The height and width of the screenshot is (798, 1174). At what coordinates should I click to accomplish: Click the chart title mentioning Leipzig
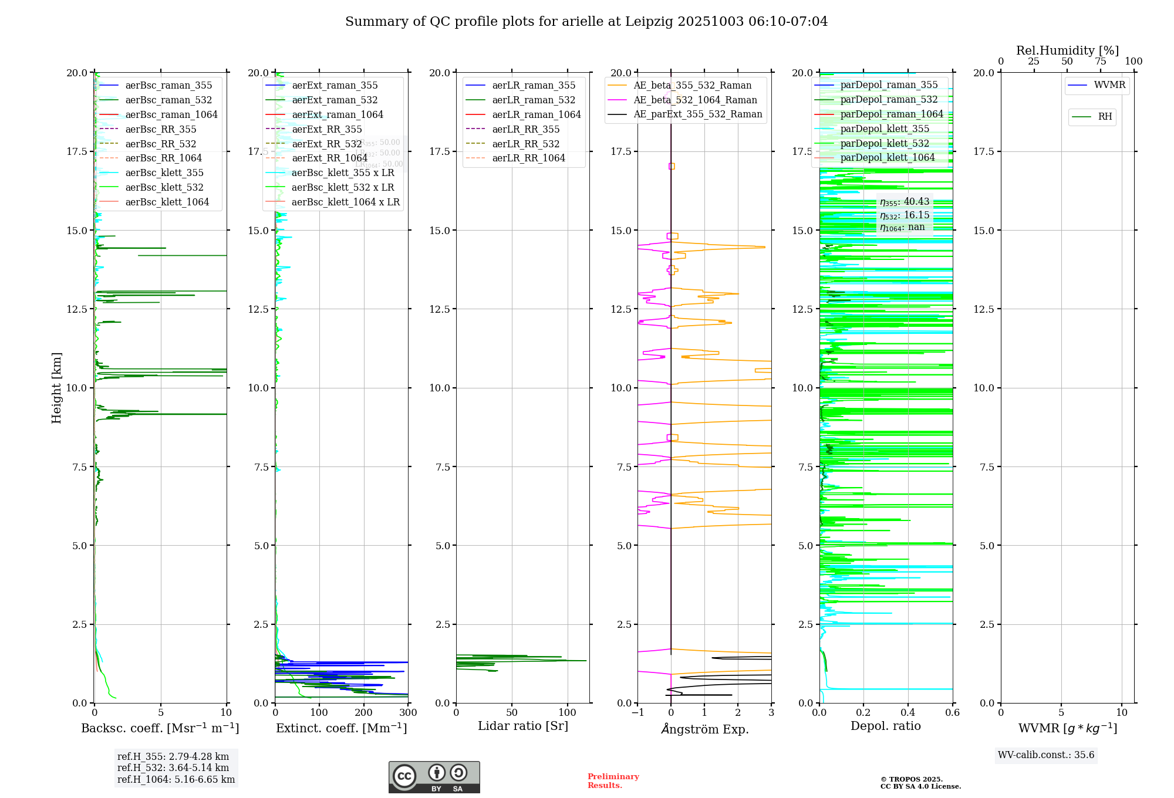click(586, 22)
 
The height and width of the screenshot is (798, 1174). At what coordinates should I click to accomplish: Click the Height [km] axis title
click(56, 387)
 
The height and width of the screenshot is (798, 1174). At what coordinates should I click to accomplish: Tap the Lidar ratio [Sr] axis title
click(522, 726)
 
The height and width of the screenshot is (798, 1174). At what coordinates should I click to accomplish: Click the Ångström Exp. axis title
click(704, 729)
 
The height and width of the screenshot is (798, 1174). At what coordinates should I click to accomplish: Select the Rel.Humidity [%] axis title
click(1067, 50)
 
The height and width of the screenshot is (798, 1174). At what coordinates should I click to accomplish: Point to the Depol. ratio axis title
click(885, 726)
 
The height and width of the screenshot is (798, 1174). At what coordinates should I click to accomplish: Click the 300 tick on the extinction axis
click(408, 712)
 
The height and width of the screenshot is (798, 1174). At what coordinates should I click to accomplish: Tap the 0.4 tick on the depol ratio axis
click(908, 712)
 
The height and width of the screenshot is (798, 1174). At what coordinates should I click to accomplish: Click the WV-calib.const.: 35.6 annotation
click(1045, 755)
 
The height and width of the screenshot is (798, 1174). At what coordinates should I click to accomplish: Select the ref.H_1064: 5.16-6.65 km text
click(176, 779)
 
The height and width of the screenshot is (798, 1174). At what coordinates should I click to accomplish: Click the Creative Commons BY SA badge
click(434, 777)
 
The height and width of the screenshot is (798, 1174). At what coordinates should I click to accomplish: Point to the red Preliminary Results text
click(613, 780)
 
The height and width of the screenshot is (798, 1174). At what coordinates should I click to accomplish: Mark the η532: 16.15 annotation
click(904, 215)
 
